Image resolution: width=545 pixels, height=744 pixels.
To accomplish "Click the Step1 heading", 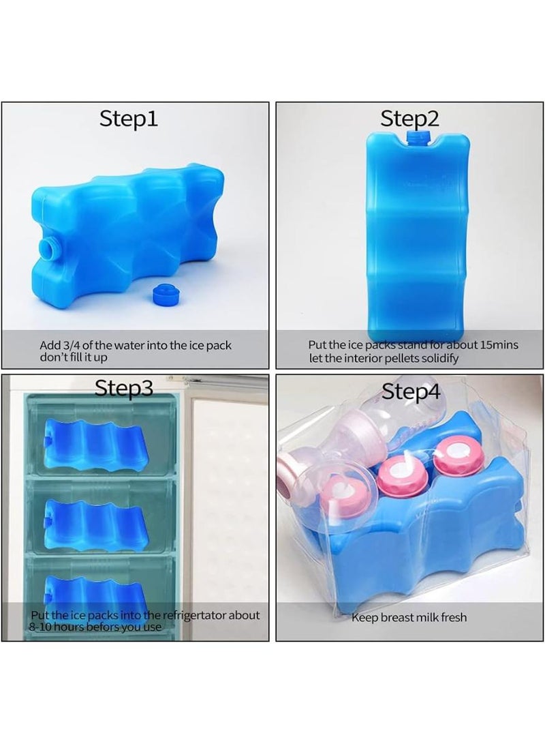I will click(129, 119).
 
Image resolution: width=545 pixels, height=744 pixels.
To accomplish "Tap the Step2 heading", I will click(409, 119).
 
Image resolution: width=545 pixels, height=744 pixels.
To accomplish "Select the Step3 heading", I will click(123, 388).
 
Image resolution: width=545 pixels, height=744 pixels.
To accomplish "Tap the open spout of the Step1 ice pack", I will click(50, 245).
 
